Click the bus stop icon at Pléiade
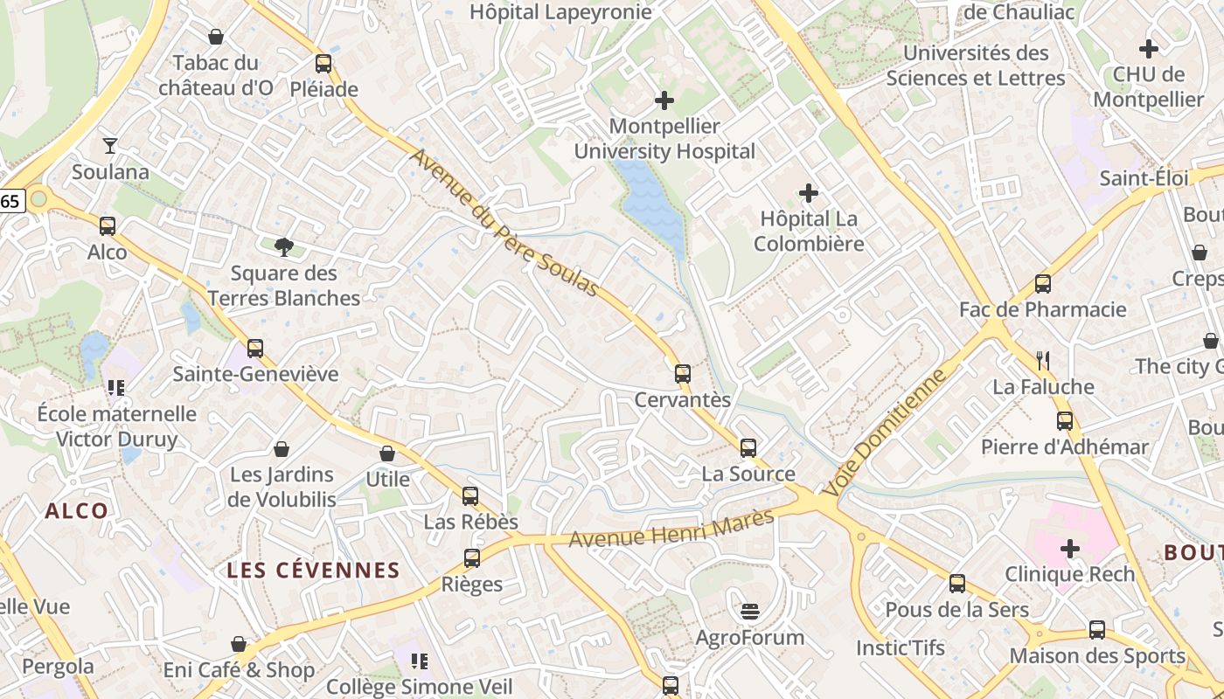coord(323,64)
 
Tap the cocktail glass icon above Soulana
coord(110,145)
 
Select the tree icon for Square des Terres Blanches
coord(283,247)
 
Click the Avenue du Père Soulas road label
coord(504,223)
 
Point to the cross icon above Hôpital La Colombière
coord(809,192)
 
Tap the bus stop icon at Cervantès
coord(683,374)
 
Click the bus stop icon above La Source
coord(748,448)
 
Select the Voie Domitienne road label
coord(886,433)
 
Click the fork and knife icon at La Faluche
coord(1042,360)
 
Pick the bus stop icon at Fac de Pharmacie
coord(1043,284)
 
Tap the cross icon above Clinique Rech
coord(1070,549)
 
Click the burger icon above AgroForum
coord(749,611)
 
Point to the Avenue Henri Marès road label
coord(671,529)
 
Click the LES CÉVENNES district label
coord(313,571)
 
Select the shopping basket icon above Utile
coord(387,453)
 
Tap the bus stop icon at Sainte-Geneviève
coord(255,349)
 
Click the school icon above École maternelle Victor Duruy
coord(116,387)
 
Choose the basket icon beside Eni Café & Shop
coord(239,644)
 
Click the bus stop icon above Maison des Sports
coord(1097,630)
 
